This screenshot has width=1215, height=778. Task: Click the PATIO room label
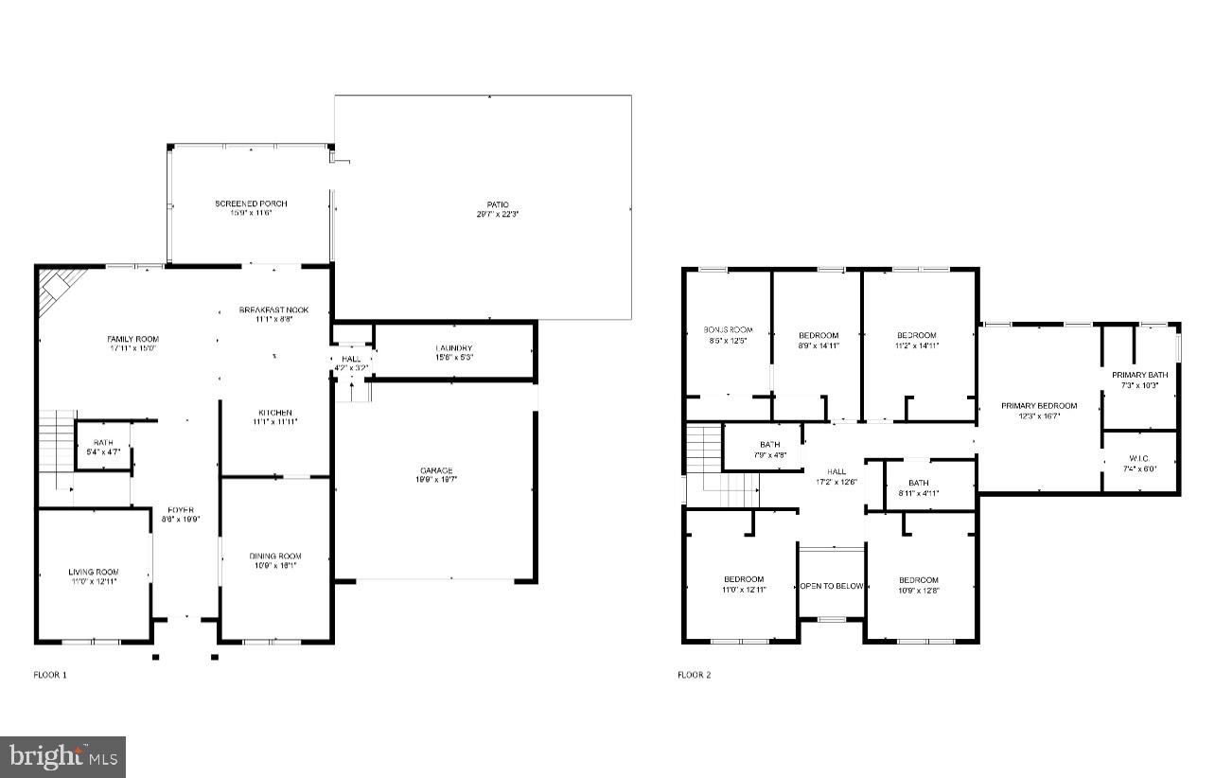(498, 204)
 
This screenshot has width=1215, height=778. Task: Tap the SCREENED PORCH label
(251, 203)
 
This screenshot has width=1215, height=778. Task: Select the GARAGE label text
(436, 470)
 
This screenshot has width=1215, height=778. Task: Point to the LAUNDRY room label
(454, 348)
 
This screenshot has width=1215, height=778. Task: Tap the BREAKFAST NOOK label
(273, 310)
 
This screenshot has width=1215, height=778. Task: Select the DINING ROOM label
(275, 557)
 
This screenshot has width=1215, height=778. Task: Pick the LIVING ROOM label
(94, 572)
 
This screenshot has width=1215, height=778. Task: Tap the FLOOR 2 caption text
(694, 675)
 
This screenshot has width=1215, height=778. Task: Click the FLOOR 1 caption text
(50, 675)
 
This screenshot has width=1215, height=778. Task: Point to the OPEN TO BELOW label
(832, 586)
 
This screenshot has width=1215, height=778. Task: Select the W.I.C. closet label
(1139, 457)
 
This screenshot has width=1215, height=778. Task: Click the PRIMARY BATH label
(1139, 375)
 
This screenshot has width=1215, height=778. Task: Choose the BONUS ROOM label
(728, 329)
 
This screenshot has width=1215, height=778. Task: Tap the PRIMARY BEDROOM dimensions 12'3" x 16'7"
(1039, 416)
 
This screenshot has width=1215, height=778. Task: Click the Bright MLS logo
(63, 756)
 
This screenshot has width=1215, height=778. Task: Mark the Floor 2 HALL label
(836, 471)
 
